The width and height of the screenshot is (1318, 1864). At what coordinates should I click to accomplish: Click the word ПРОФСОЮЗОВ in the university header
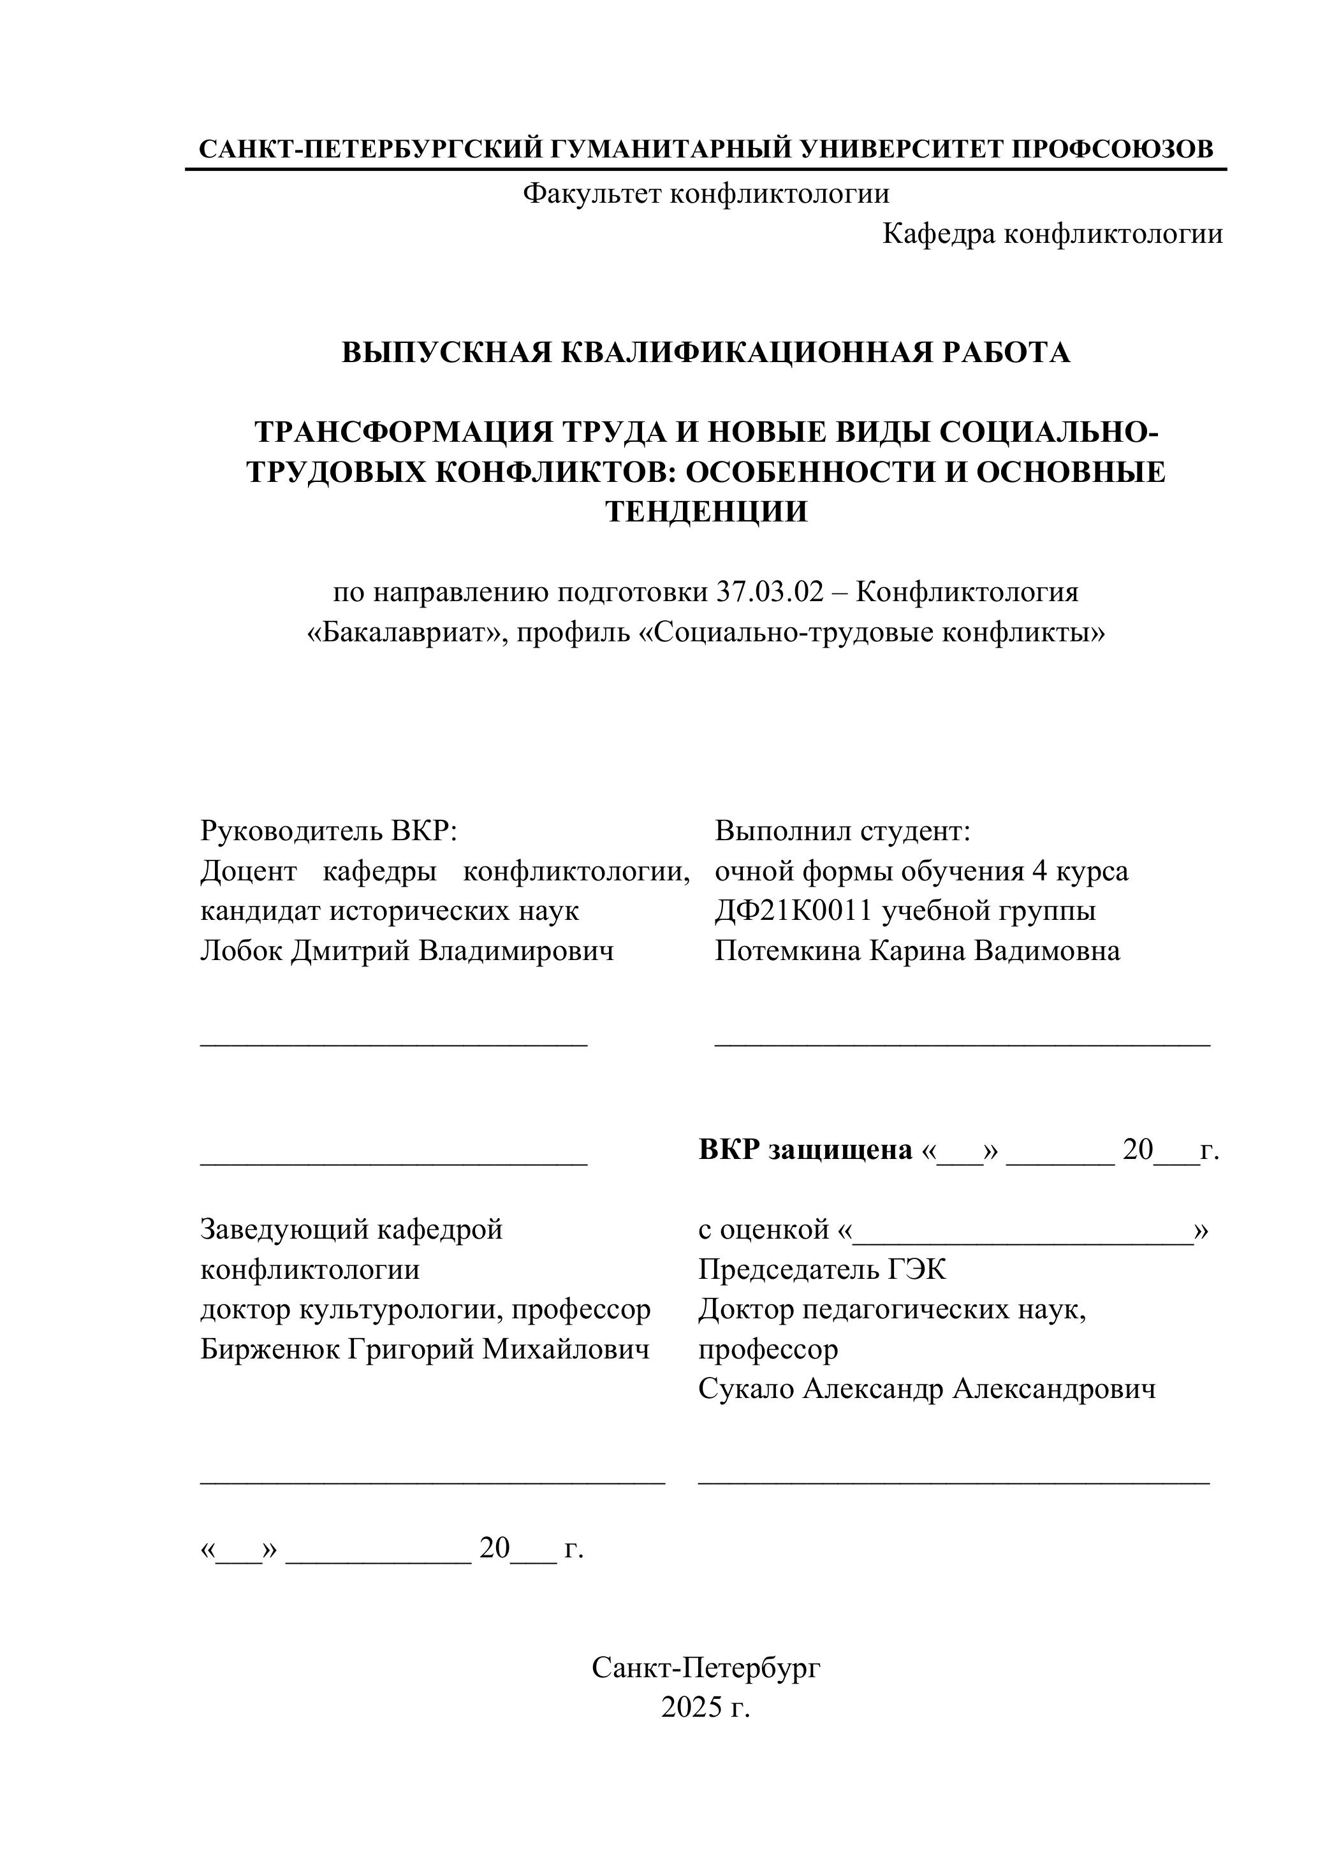[1113, 149]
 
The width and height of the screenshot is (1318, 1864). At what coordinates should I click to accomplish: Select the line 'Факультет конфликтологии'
[706, 193]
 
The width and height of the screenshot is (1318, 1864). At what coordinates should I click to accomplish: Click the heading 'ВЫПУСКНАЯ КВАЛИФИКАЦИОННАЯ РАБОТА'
[706, 353]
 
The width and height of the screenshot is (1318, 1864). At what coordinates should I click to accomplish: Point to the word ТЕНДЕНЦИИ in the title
[706, 511]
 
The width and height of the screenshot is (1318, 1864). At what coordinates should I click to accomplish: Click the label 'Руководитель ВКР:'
[329, 831]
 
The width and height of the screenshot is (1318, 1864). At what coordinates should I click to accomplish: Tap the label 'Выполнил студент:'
[842, 831]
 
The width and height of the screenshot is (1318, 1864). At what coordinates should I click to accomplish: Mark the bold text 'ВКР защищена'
[805, 1149]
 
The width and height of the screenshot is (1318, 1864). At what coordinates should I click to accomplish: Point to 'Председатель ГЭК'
[822, 1269]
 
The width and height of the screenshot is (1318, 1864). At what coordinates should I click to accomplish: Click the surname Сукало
[746, 1388]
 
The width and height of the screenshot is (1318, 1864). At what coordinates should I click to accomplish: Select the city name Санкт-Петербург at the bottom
[706, 1668]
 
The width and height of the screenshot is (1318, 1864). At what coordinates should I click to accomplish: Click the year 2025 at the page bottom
[691, 1707]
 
